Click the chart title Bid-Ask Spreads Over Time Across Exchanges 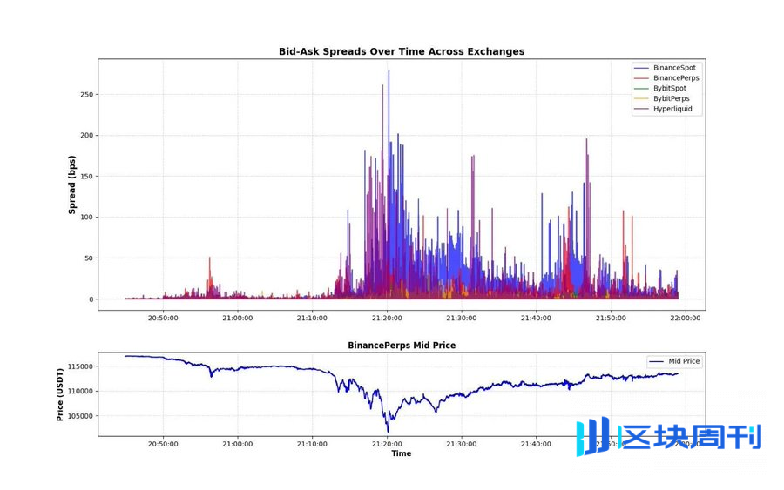402,51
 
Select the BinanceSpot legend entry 673,68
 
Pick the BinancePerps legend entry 675,78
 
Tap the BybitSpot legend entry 669,89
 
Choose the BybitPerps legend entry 671,99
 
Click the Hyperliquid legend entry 672,110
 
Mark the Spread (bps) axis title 72,185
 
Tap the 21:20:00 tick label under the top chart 387,319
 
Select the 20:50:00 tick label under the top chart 163,319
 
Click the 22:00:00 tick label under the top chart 684,319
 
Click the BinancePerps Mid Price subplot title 402,346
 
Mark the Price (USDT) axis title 60,394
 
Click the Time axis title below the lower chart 402,453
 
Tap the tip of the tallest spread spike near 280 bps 389,70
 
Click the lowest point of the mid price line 388,432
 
